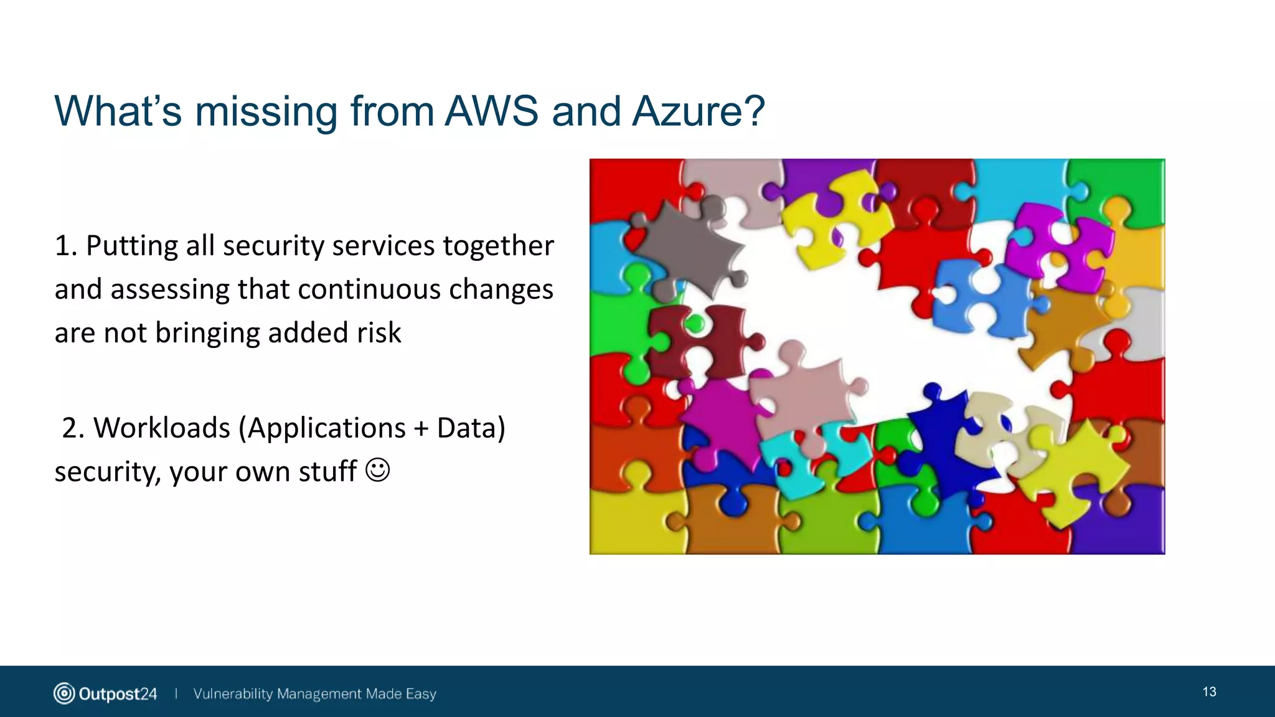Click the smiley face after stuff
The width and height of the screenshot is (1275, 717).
point(377,470)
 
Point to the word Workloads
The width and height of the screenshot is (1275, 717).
point(162,428)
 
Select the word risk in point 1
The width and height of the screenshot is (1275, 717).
point(379,332)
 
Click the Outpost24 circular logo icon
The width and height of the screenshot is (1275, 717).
point(64,693)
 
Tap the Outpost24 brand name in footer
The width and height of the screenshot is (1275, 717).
point(118,693)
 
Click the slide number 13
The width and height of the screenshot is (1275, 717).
point(1209,691)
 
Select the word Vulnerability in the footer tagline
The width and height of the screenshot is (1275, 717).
point(233,693)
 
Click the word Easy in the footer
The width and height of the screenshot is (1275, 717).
point(421,693)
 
